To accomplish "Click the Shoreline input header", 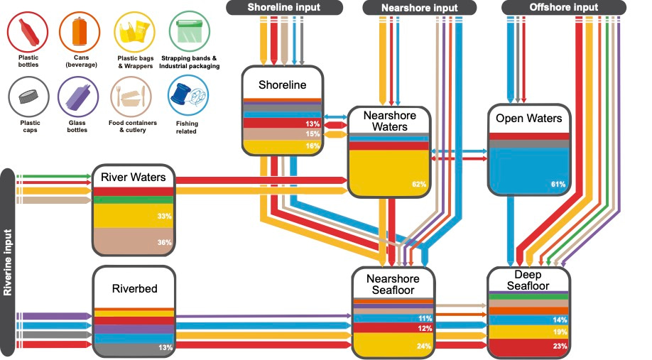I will pos(283,8).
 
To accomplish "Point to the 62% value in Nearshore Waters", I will pos(418,185).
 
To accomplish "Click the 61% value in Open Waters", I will pos(558,185).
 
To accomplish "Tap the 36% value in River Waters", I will pos(164,242).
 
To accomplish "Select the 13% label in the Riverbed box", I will pos(165,347).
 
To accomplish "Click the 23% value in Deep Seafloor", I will pos(560,347).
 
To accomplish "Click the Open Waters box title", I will pos(529,119).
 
